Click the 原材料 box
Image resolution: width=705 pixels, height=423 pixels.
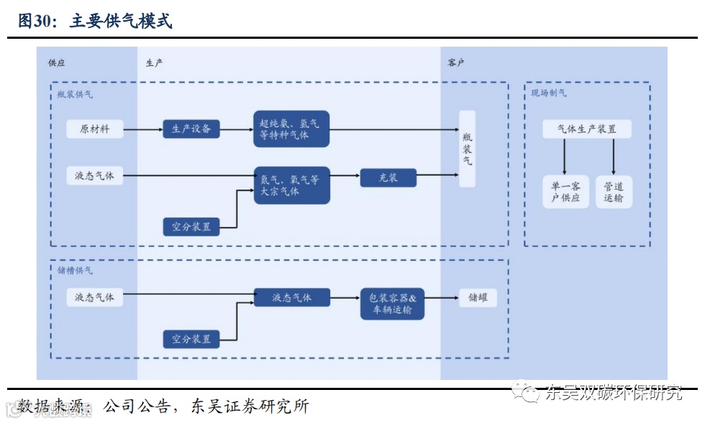coord(95,129)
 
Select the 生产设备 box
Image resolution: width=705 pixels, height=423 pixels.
coord(191,129)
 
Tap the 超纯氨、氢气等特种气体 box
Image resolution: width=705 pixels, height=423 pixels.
coord(291,129)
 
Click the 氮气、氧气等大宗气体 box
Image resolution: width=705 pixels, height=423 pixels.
coord(291,185)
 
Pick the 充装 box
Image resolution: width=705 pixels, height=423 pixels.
coord(388,177)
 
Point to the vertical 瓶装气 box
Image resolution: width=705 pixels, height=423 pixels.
coord(468,149)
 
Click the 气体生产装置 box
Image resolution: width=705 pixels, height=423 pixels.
coord(588,129)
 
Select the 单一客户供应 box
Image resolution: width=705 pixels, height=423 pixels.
coord(565,192)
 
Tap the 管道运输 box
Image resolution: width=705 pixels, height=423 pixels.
coord(614,192)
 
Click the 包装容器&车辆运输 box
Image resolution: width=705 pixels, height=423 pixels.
coord(392,304)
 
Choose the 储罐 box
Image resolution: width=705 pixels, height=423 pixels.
coord(478,297)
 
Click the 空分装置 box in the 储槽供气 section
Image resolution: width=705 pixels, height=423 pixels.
coord(191,338)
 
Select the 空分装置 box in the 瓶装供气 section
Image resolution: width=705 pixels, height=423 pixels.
coord(191,227)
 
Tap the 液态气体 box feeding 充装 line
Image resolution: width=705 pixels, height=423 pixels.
coord(95,175)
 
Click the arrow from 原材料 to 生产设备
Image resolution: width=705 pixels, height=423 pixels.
coord(142,130)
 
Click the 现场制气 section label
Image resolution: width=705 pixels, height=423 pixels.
coord(549,93)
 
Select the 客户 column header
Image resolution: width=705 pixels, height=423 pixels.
coord(456,62)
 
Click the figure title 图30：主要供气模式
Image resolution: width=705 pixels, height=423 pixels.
coord(95,21)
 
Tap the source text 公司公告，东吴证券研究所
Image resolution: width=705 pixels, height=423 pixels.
coord(206,406)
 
